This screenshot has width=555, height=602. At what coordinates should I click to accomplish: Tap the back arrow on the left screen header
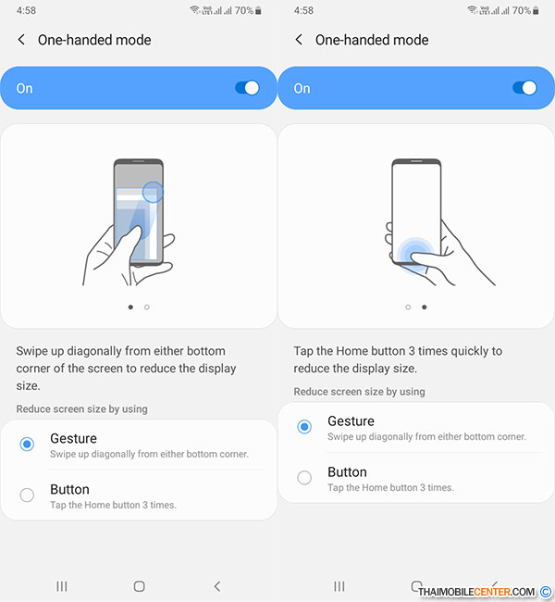21,40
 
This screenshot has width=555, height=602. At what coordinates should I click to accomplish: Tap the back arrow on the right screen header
299,40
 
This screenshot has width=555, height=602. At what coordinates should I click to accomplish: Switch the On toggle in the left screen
247,88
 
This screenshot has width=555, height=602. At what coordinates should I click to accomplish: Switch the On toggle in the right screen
524,88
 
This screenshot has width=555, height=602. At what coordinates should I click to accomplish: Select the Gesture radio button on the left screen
27,445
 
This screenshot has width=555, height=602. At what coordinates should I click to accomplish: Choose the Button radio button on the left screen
27,495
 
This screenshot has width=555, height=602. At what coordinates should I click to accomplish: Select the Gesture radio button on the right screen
304,427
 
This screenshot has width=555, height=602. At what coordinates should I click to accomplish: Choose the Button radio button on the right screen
304,478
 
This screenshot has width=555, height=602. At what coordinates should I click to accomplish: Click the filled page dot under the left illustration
130,307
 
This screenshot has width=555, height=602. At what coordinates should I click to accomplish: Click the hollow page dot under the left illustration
147,307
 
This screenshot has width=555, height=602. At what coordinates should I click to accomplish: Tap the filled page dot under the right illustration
425,307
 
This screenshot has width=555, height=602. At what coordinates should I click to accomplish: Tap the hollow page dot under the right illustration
408,307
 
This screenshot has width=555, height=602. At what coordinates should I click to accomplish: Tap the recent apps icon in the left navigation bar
62,586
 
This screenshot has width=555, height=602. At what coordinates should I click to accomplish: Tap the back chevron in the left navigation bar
217,586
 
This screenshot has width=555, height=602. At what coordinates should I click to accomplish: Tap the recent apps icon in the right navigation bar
339,586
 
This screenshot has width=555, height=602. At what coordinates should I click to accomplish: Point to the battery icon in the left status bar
258,11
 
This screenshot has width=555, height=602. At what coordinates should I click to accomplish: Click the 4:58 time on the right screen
303,10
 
